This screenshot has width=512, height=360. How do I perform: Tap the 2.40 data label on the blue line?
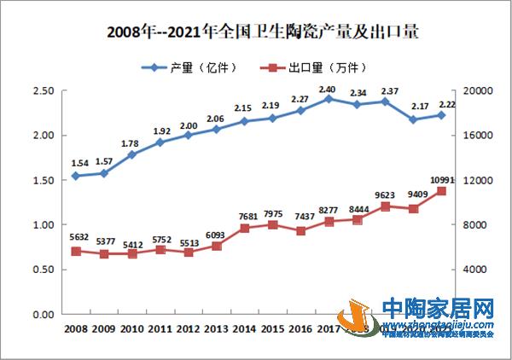(327, 88)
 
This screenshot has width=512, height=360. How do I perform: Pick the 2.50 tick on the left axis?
(42, 91)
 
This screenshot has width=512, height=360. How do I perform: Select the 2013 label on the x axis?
(215, 328)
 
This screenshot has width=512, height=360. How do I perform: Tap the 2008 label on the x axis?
(76, 328)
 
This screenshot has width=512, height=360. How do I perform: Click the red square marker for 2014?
(243, 229)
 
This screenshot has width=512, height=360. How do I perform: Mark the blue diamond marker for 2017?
(327, 99)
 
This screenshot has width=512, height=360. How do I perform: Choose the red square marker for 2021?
(441, 191)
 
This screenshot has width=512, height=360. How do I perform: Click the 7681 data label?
(243, 217)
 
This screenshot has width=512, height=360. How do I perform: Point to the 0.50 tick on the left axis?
(42, 270)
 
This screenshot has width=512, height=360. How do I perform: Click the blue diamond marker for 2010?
(131, 154)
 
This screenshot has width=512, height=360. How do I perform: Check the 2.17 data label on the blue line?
(414, 107)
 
